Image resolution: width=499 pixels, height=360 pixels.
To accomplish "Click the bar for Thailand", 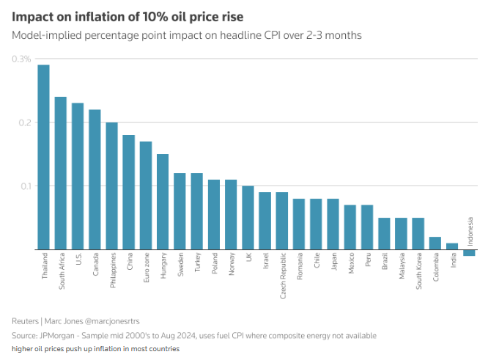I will coord(43,157).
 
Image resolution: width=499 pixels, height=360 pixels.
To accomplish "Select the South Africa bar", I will coord(60,173).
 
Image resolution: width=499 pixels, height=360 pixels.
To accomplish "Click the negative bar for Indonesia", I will coord(469,252).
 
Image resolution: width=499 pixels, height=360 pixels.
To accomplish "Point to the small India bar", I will coord(452,246).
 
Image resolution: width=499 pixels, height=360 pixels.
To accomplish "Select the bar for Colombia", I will coord(435,243).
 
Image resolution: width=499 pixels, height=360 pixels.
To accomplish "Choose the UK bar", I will coord(248,218).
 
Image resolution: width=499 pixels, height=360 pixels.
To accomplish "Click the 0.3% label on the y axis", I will coord(21,59).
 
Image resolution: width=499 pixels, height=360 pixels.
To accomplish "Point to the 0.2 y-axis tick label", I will coord(24,122).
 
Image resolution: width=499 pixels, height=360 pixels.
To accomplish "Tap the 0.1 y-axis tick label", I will coord(24,186).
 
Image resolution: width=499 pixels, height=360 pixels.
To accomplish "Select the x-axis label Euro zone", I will coord(146,270).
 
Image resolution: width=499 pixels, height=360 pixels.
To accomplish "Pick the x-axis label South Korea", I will coord(418,272).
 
